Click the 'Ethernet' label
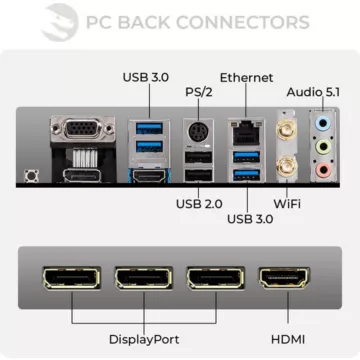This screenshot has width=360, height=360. [x=246, y=76]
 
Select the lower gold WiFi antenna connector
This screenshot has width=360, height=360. [x=284, y=168]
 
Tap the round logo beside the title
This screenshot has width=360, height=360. [x=63, y=22]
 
